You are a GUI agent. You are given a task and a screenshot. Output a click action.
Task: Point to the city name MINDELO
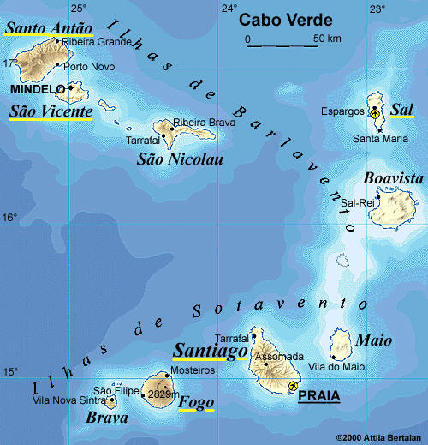36,88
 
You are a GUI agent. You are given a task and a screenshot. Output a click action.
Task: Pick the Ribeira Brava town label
204,123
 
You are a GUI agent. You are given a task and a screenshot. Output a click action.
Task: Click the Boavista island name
393,177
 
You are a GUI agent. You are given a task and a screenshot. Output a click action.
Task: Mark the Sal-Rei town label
358,202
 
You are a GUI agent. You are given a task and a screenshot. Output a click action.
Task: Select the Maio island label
374,340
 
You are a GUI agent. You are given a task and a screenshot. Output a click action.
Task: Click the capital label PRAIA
318,395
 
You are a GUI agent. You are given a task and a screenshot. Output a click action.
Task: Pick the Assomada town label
280,356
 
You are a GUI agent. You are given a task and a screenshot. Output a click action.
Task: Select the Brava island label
107,418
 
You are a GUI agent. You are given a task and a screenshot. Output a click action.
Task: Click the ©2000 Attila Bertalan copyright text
378,437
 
